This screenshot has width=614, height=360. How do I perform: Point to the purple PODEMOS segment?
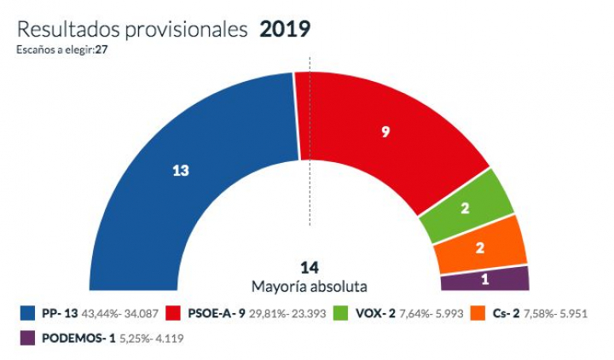coord(485,279)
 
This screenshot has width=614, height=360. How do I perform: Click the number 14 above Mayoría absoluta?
coord(309,268)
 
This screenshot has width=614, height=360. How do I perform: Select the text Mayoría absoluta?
coord(309,287)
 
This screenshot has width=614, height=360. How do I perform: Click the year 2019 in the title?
coord(285,30)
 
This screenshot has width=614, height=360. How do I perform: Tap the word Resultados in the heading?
coord(67,30)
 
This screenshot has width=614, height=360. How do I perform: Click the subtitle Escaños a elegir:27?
coord(61,49)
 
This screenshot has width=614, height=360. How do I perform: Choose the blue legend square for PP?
coord(26,313)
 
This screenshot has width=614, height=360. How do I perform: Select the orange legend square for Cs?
coord(479,313)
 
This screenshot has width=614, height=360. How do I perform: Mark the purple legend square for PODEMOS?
coord(26,339)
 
